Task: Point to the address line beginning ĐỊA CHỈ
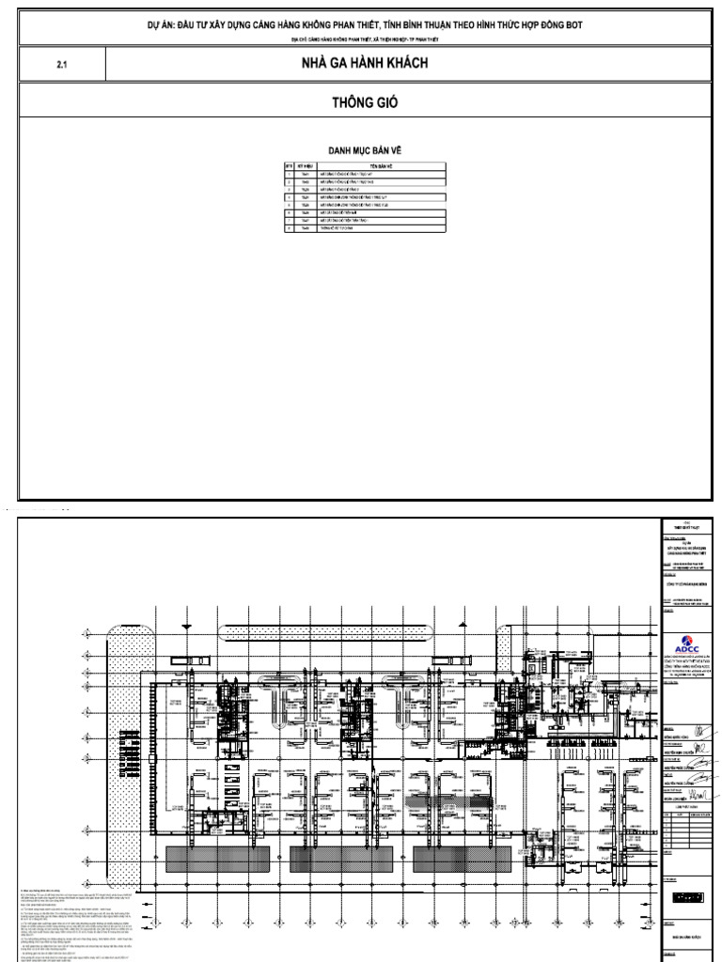[x=364, y=39]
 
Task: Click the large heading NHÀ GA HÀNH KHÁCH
[x=364, y=65]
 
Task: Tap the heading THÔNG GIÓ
[x=364, y=102]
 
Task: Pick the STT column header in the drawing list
[x=290, y=165]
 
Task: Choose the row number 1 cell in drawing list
[x=290, y=174]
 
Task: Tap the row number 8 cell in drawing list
[x=290, y=228]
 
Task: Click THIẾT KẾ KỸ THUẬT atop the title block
[x=687, y=529]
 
